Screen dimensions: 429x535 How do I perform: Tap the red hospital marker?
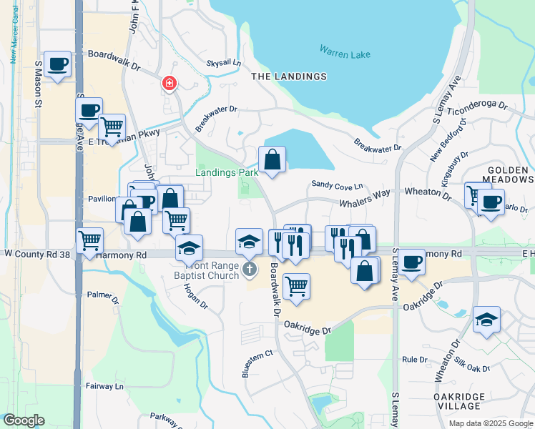pyautogui.click(x=170, y=84)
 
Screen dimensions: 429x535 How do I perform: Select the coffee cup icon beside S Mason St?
pyautogui.click(x=57, y=64)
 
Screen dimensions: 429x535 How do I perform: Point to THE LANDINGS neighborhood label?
pyautogui.click(x=289, y=77)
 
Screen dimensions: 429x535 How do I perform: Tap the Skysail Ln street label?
pyautogui.click(x=223, y=63)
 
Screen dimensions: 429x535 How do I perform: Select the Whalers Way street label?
pyautogui.click(x=365, y=193)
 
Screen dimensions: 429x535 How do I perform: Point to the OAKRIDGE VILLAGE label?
pyautogui.click(x=460, y=401)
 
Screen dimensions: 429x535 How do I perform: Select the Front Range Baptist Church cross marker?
pyautogui.click(x=249, y=269)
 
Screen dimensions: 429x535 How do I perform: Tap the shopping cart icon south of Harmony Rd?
pyautogui.click(x=296, y=287)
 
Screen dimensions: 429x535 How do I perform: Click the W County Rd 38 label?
pyautogui.click(x=37, y=254)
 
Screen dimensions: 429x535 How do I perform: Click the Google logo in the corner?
pyautogui.click(x=24, y=420)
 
